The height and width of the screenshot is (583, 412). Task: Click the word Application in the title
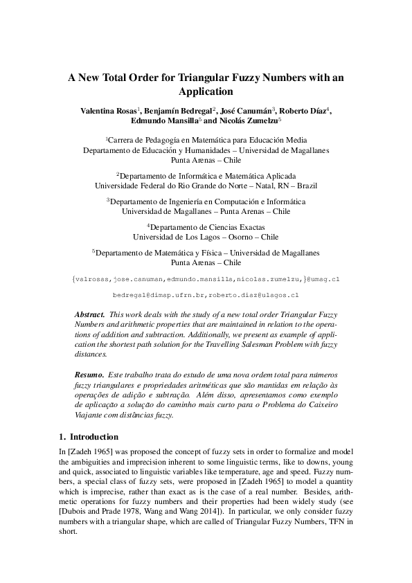point(206,91)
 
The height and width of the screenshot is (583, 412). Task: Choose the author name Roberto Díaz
point(304,109)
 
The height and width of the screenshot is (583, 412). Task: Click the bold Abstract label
point(89,314)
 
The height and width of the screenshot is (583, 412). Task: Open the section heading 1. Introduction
point(90,437)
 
